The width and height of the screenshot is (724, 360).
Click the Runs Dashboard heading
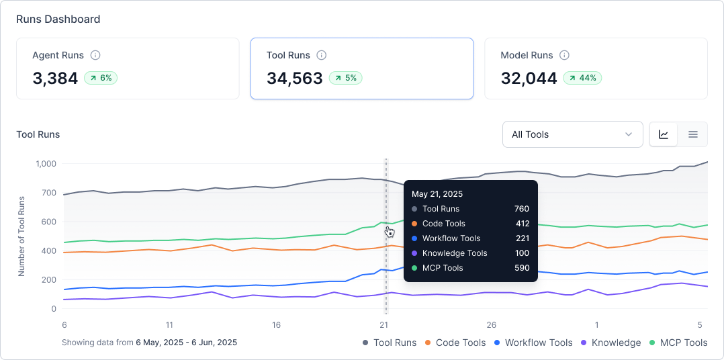58,19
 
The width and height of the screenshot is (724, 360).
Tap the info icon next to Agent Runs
95,55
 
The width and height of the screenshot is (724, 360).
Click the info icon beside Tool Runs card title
322,55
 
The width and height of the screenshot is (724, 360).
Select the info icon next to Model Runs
565,55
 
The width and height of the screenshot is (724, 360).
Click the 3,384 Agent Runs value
55,78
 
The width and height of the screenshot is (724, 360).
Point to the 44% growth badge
582,78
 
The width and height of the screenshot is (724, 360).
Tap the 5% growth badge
345,78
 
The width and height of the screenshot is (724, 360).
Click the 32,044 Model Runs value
529,78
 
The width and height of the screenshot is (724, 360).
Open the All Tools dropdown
572,134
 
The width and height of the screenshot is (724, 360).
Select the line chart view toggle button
664,134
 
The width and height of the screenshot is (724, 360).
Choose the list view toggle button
693,134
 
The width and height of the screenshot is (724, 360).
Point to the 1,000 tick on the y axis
46,164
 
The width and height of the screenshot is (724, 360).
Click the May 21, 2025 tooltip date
437,194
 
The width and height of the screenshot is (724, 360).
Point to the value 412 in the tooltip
521,224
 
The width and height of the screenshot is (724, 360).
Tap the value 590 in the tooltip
521,268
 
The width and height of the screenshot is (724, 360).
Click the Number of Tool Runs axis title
21,236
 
